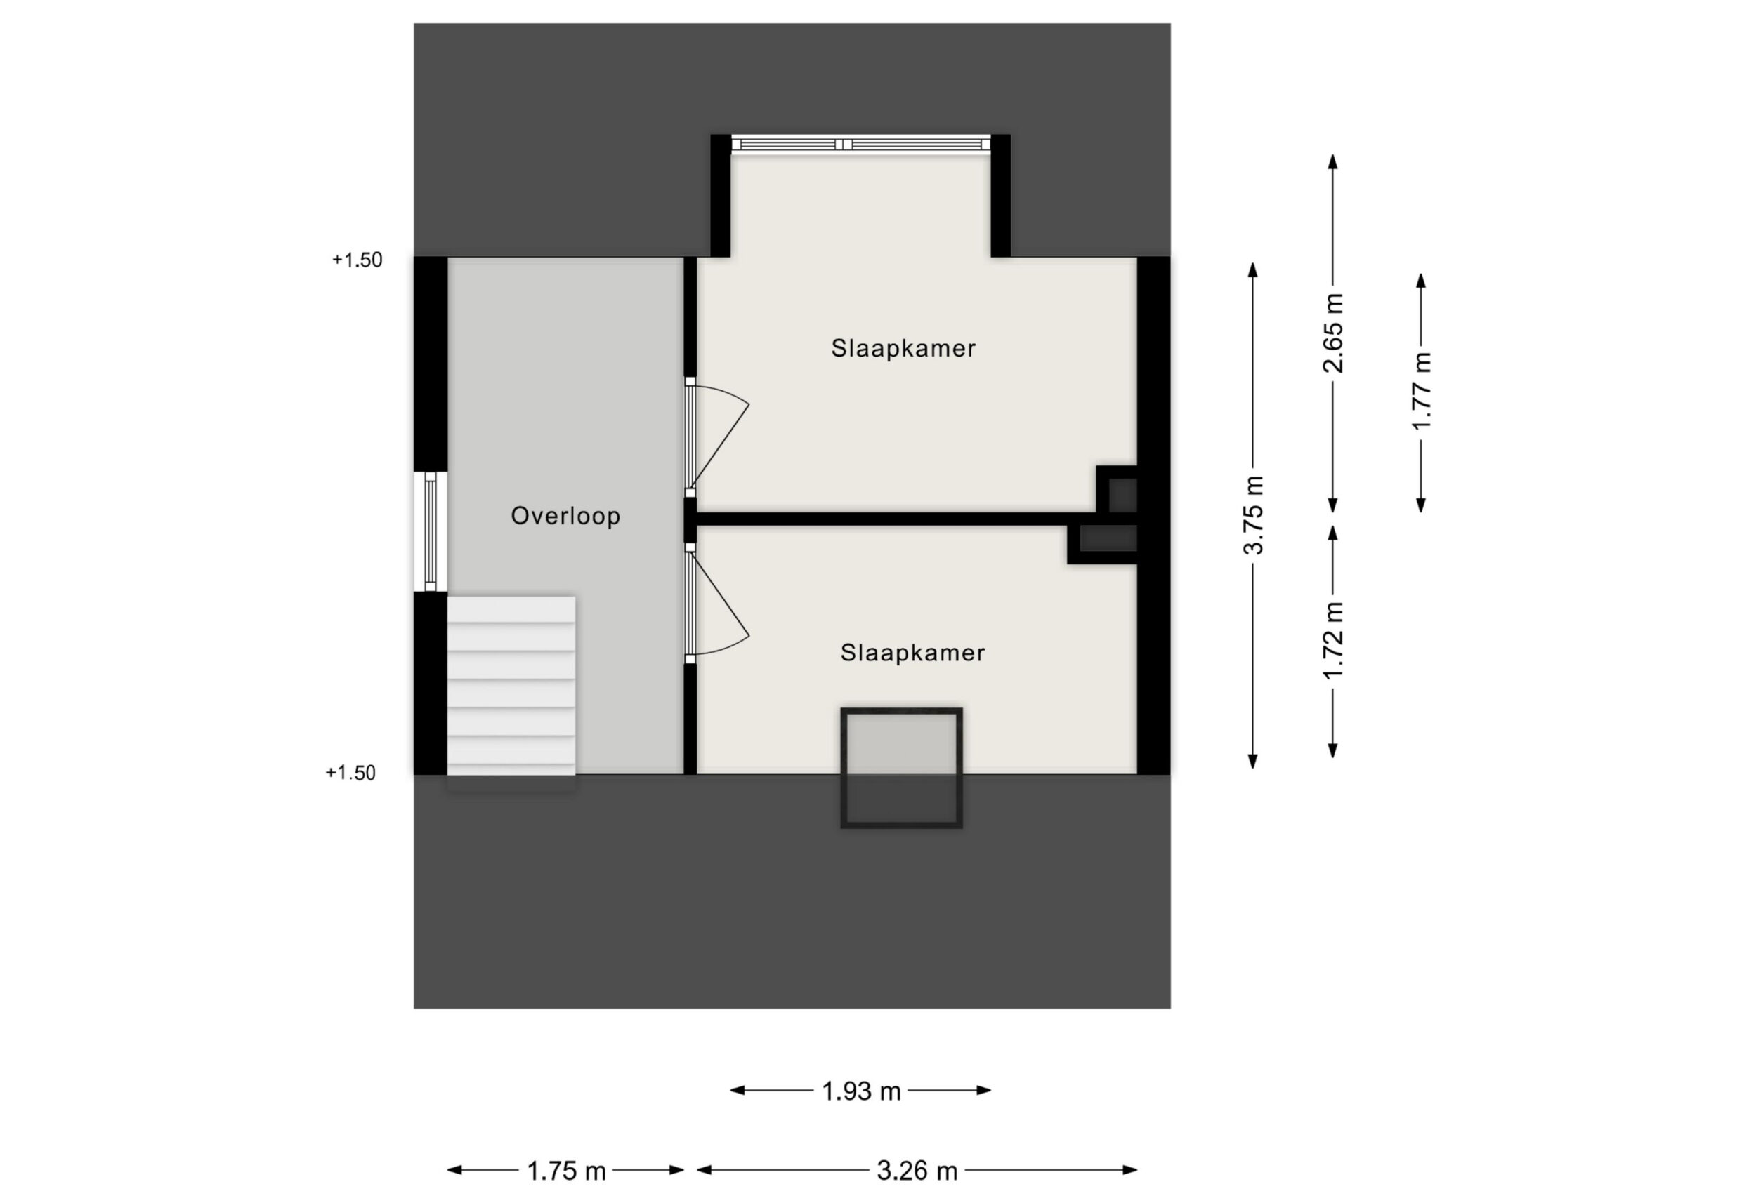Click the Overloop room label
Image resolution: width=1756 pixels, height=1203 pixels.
[x=565, y=516]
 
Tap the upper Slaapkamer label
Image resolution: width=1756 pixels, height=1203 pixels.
[x=904, y=348]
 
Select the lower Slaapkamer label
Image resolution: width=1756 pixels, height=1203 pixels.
[x=912, y=653]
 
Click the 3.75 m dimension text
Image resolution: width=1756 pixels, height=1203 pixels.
[x=1254, y=516]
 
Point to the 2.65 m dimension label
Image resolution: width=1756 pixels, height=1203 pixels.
[x=1334, y=333]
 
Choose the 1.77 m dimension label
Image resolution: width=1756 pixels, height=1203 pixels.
[x=1421, y=391]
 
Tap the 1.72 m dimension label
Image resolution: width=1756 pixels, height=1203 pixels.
[x=1334, y=640]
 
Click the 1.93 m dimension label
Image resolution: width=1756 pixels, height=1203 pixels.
[x=861, y=1091]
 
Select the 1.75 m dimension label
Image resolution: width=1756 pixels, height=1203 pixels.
[x=566, y=1171]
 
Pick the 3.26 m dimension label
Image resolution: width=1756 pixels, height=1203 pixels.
[x=917, y=1171]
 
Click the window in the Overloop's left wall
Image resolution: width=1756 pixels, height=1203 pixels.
[x=430, y=531]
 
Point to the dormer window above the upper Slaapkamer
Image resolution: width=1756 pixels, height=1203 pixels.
[x=860, y=143]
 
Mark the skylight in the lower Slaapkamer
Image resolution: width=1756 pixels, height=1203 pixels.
[x=901, y=767]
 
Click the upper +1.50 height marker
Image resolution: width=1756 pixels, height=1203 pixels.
[x=358, y=260]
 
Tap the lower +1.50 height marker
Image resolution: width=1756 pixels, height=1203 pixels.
[x=350, y=773]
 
